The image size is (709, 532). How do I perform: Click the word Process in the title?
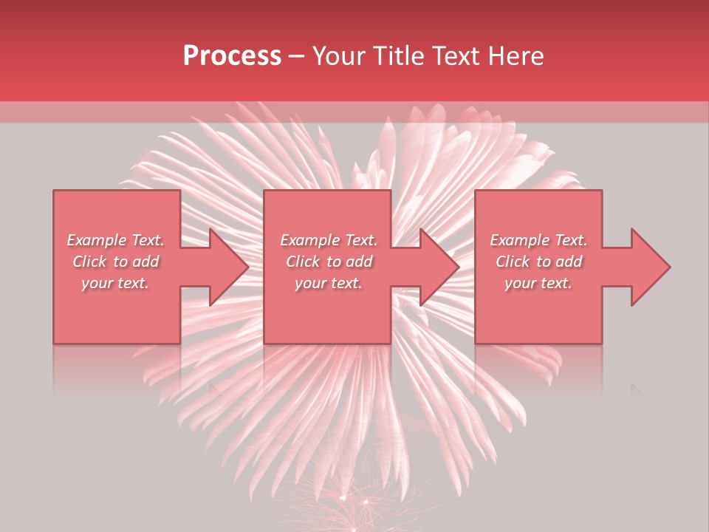coord(232,56)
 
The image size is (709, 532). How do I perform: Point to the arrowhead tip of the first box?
coord(248,267)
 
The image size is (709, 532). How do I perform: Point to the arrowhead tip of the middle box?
coord(459,267)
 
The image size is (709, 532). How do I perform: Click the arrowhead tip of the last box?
coord(670,267)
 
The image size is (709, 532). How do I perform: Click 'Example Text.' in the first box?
coord(115,240)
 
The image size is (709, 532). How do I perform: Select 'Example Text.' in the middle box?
coord(329,240)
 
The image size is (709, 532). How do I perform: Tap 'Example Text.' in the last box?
coord(538,240)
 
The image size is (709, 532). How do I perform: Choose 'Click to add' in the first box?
coord(115,262)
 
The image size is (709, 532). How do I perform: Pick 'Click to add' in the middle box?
coord(329,262)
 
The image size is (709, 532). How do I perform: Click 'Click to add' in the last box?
coord(538,262)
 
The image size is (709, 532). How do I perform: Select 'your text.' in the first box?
coord(115,283)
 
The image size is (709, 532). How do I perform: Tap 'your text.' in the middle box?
coord(329,283)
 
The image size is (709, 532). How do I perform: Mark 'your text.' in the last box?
coord(538,283)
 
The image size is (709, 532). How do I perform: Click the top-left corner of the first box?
coord(54,191)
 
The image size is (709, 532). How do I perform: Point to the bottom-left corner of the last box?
coord(476,343)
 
